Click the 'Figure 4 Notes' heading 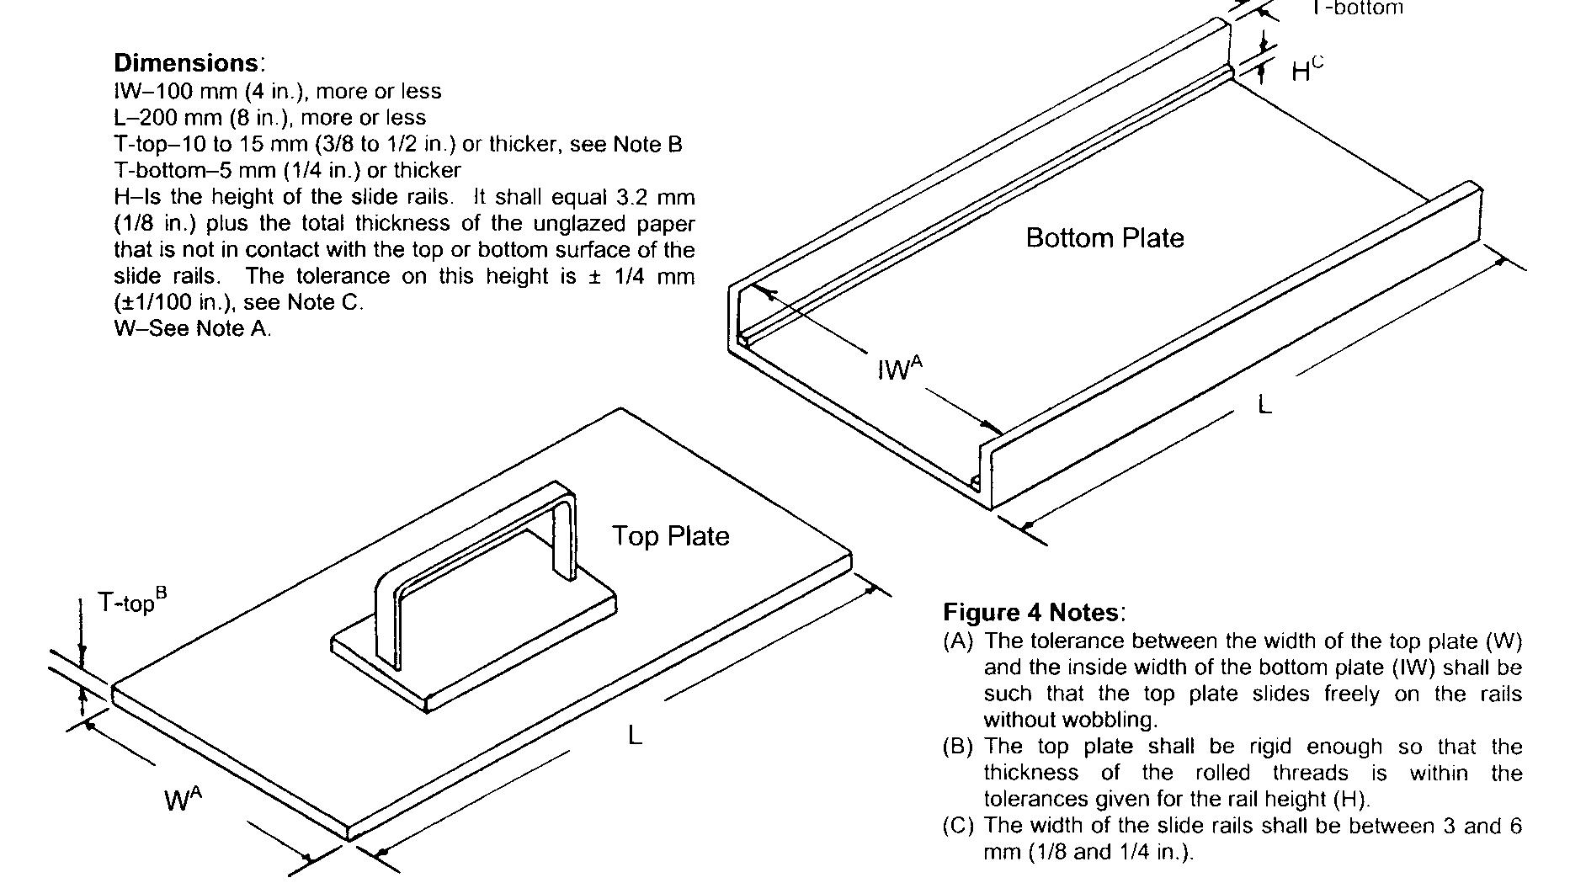click(1033, 612)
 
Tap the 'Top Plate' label click(670, 536)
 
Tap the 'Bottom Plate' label click(1104, 238)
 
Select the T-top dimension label click(131, 601)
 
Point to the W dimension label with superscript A click(183, 798)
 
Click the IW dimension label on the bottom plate click(899, 369)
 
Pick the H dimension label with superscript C click(1306, 70)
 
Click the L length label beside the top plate click(635, 735)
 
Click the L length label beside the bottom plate click(1264, 405)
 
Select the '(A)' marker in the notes click(958, 641)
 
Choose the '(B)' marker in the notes click(958, 747)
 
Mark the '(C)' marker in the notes click(958, 826)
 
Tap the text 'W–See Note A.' click(193, 328)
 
